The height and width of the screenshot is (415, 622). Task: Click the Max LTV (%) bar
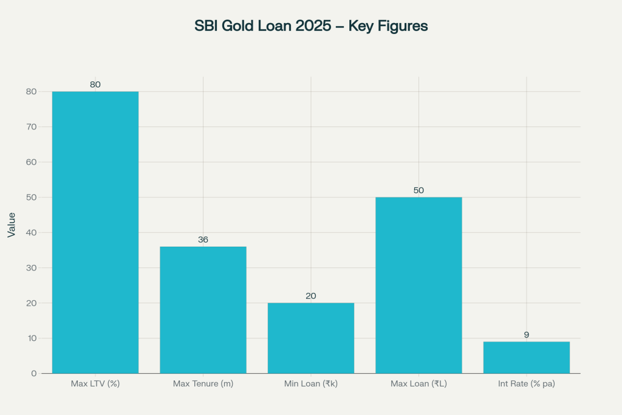pyautogui.click(x=95, y=232)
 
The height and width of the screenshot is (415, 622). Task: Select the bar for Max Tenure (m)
pyautogui.click(x=203, y=310)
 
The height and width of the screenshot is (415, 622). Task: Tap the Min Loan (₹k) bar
pyautogui.click(x=311, y=338)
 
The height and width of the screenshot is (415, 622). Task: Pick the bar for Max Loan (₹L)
pyautogui.click(x=419, y=285)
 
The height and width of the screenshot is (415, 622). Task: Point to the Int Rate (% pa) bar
pyautogui.click(x=527, y=357)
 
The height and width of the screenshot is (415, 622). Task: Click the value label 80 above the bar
pyautogui.click(x=95, y=85)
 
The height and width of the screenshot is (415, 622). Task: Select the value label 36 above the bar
pyautogui.click(x=203, y=240)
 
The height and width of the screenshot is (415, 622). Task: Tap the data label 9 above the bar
pyautogui.click(x=527, y=335)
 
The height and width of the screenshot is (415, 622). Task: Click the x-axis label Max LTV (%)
pyautogui.click(x=95, y=384)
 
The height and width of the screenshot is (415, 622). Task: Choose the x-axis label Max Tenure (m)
pyautogui.click(x=203, y=384)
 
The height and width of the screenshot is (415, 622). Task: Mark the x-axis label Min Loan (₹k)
pyautogui.click(x=311, y=384)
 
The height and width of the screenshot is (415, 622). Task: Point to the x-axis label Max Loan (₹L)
pyautogui.click(x=419, y=384)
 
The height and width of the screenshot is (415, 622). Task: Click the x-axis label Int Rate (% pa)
pyautogui.click(x=527, y=384)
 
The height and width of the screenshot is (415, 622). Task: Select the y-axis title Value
pyautogui.click(x=12, y=224)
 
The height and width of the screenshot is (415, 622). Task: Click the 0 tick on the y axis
pyautogui.click(x=34, y=374)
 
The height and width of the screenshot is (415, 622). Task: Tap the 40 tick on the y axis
pyautogui.click(x=32, y=233)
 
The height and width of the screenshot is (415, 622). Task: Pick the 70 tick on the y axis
pyautogui.click(x=32, y=127)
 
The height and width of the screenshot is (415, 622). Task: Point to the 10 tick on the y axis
pyautogui.click(x=32, y=338)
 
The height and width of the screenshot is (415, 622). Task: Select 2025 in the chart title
pyautogui.click(x=312, y=26)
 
